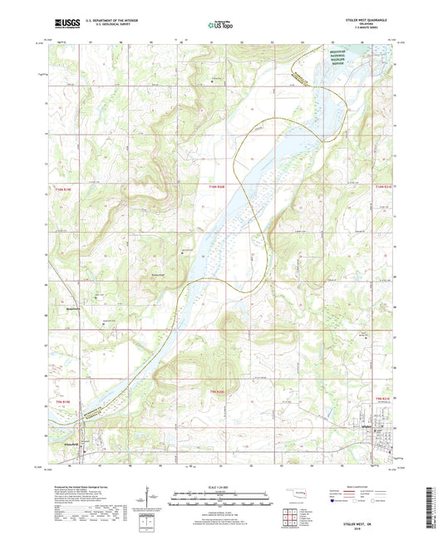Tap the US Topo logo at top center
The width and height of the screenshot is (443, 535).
pos(221,26)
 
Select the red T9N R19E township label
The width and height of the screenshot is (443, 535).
pos(64,401)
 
